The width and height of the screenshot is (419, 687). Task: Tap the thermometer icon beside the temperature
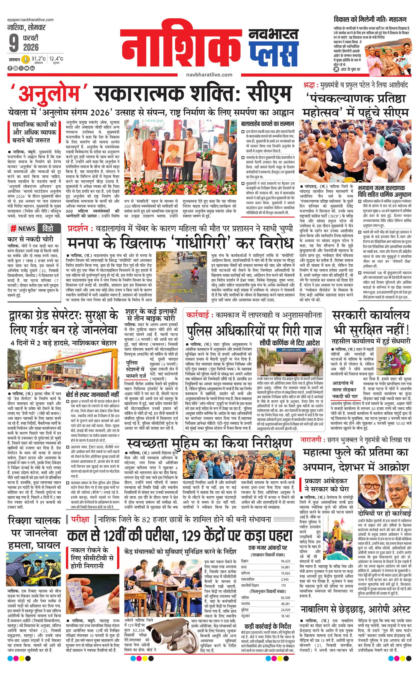[x=26, y=59]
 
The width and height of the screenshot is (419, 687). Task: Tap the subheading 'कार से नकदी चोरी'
[x=30, y=239]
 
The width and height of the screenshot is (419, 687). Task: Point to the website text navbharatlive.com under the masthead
[x=209, y=75]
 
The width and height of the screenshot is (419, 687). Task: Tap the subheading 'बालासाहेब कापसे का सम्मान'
[x=267, y=124]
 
